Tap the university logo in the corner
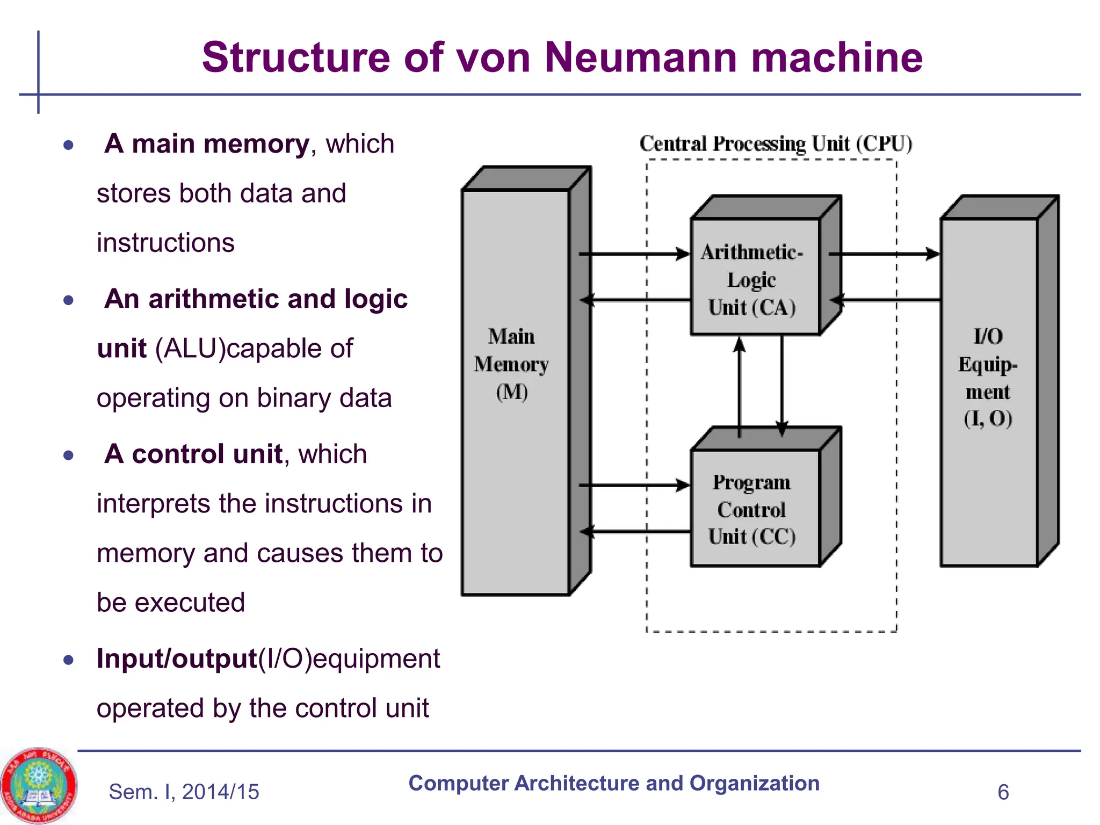tap(38, 785)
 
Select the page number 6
tap(1003, 792)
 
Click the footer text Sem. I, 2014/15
tap(184, 792)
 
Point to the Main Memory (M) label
tap(511, 364)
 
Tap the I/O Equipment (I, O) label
tap(987, 377)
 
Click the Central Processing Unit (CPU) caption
tap(776, 144)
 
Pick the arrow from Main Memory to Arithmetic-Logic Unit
tap(634, 254)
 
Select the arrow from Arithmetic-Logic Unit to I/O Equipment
tap(884, 254)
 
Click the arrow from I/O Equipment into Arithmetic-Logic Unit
tap(886, 300)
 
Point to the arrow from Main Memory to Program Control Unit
tap(634, 485)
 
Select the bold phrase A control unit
tap(193, 454)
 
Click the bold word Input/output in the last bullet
tap(177, 658)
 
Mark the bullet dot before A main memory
tap(68, 145)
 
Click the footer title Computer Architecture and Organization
tap(613, 783)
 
